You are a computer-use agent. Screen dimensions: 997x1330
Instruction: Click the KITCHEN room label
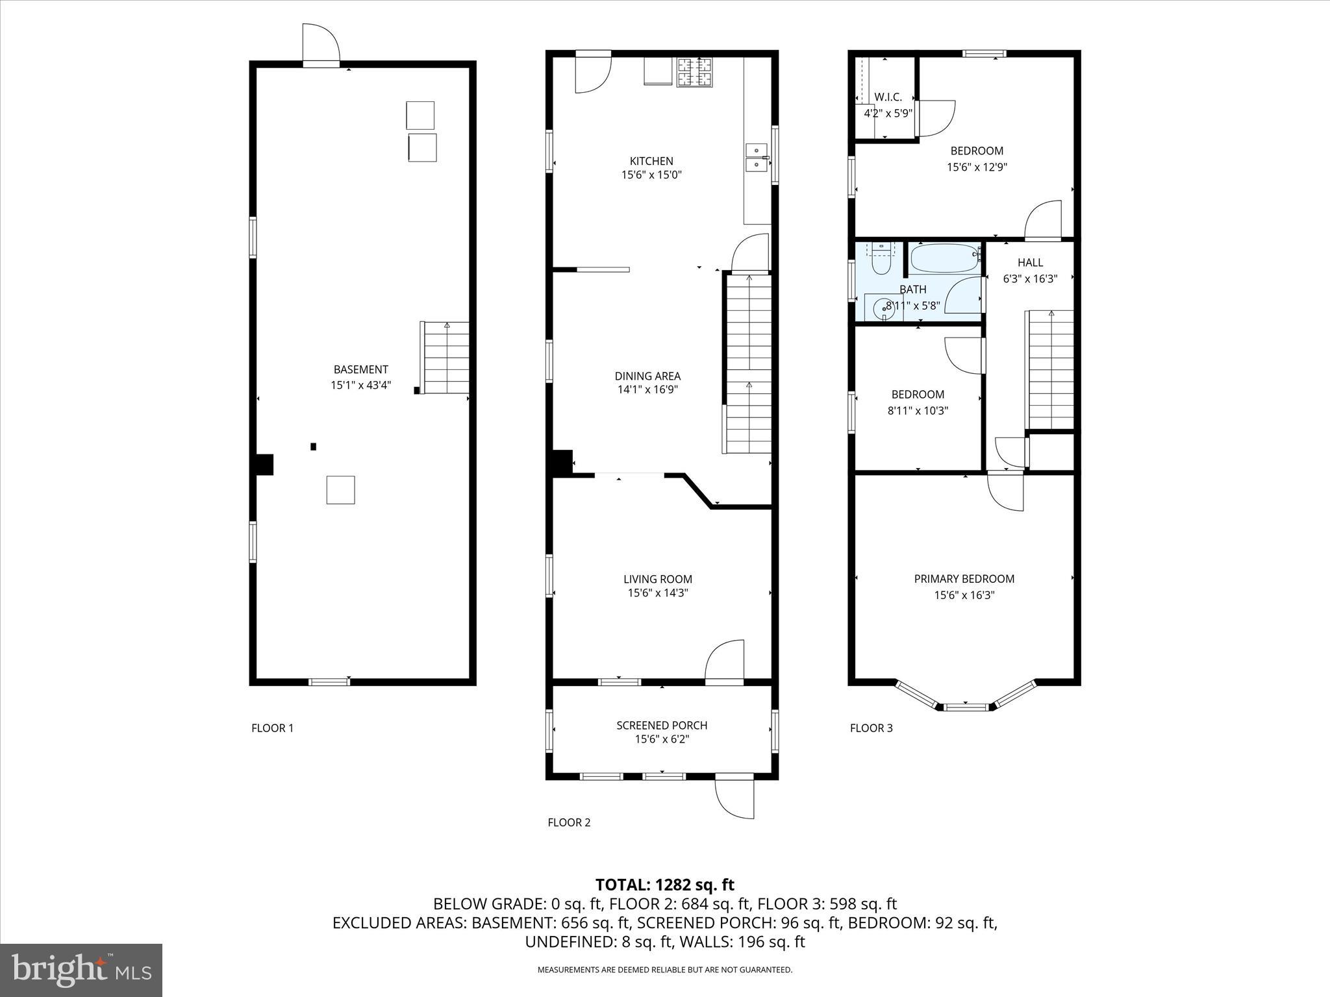tap(651, 161)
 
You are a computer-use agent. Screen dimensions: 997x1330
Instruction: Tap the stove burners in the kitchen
tap(695, 72)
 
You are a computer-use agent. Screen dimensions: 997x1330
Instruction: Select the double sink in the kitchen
tap(755, 158)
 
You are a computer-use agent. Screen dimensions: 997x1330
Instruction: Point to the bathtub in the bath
tap(944, 258)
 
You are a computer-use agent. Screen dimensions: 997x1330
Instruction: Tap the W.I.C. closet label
tap(888, 97)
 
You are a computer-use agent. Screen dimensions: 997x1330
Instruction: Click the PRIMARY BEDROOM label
tap(964, 579)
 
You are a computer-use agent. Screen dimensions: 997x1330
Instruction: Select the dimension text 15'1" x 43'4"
tap(360, 385)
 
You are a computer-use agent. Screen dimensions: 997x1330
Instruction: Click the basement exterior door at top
tap(321, 45)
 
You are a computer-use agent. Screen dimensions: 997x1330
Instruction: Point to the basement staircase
tap(445, 357)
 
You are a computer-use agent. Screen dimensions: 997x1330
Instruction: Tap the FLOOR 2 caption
tap(569, 822)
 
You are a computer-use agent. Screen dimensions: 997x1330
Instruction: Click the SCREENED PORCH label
tap(662, 725)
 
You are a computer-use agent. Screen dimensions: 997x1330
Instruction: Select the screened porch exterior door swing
tap(734, 797)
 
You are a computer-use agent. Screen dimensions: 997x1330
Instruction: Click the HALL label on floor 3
tap(1030, 262)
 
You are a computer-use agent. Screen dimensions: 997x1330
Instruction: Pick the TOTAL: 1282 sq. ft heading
tap(664, 885)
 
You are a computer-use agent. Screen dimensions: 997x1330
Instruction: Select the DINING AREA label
tap(647, 376)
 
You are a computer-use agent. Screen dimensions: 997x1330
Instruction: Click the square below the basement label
tap(340, 490)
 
